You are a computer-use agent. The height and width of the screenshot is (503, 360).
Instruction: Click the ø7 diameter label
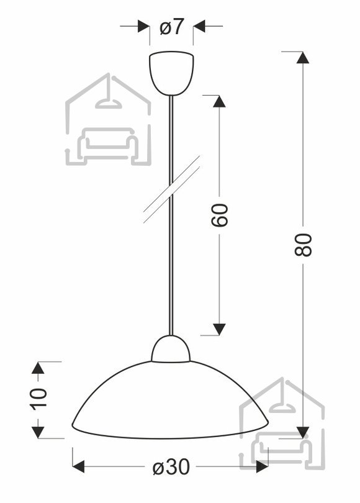(171, 26)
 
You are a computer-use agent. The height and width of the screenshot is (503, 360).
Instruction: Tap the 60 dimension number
(220, 215)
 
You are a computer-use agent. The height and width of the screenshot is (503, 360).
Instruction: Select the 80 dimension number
(303, 245)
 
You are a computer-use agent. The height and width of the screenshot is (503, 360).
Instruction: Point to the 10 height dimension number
(38, 399)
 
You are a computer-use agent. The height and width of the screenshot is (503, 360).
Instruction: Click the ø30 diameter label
(171, 467)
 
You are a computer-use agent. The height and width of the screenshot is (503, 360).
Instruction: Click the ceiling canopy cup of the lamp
(171, 73)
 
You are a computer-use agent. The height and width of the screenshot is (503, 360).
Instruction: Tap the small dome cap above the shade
(171, 349)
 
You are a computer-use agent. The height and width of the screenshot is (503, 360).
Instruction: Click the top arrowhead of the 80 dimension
(303, 58)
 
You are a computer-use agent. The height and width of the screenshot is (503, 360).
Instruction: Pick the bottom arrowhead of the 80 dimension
(303, 433)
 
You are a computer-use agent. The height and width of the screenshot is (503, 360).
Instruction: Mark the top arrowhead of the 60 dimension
(219, 101)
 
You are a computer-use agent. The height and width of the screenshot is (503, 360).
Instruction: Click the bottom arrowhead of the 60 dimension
(219, 330)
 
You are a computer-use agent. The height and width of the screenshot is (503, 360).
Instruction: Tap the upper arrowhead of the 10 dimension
(38, 368)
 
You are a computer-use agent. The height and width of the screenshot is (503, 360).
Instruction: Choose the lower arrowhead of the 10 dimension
(38, 433)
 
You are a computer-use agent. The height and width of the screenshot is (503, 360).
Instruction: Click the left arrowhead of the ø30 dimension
(78, 466)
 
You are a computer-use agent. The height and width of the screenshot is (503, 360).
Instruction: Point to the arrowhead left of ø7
(143, 26)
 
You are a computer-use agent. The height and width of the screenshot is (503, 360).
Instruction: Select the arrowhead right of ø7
(199, 26)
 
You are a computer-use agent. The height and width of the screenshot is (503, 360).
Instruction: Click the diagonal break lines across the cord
(171, 189)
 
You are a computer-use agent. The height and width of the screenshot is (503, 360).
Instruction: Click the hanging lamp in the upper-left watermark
(109, 96)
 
